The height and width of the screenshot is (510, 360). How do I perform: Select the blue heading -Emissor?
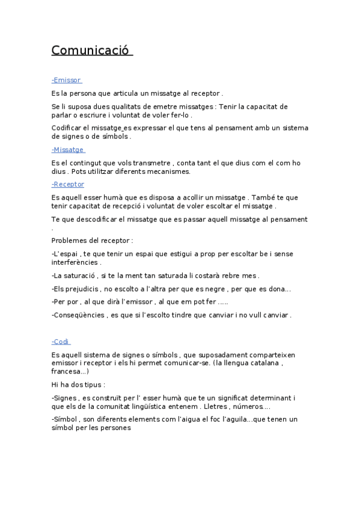[66, 80]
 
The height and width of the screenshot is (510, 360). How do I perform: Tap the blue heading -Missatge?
[68, 150]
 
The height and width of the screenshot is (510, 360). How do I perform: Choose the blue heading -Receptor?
[68, 184]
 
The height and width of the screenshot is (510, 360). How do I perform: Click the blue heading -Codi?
[61, 342]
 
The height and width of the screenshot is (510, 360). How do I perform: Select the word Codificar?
[68, 127]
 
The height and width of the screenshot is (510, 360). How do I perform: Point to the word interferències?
[75, 262]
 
